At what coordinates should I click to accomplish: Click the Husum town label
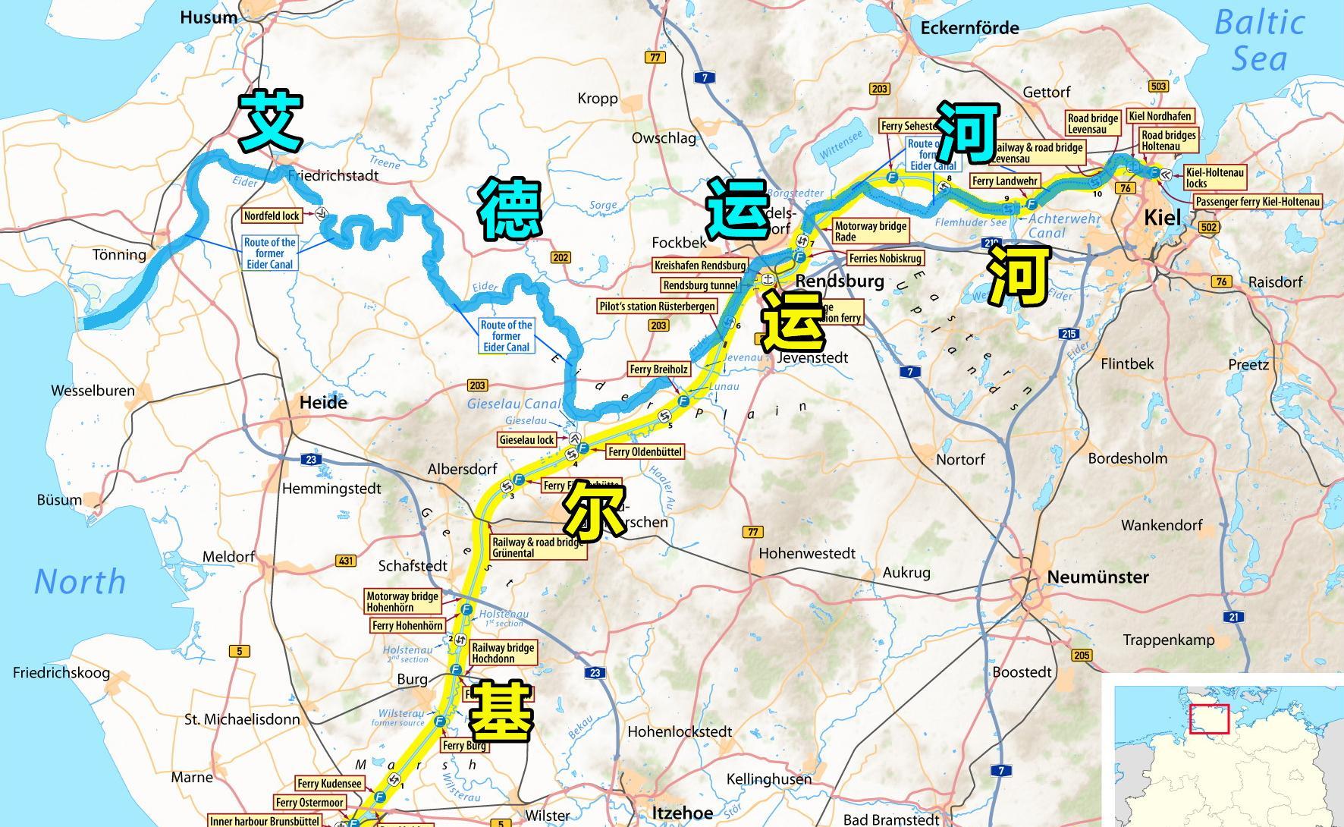[209, 17]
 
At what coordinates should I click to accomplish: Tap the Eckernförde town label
[969, 28]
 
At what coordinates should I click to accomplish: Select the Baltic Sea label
[1259, 40]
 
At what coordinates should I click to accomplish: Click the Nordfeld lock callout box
[272, 215]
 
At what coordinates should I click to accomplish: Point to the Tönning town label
[119, 254]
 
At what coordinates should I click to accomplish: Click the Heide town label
[323, 402]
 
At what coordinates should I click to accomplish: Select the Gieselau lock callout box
[527, 440]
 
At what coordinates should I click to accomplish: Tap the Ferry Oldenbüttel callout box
[645, 451]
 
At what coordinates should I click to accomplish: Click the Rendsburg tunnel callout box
[699, 285]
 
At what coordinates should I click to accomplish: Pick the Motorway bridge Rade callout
[870, 231]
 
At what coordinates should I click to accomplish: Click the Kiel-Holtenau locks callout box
[1214, 178]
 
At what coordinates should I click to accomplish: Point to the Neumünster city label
[1097, 577]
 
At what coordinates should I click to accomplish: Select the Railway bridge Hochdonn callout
[503, 652]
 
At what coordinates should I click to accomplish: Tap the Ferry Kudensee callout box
[329, 784]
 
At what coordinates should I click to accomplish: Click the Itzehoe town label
[682, 813]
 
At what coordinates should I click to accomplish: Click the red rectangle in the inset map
[1209, 719]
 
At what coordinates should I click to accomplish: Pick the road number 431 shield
[346, 561]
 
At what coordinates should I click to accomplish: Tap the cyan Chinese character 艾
[271, 120]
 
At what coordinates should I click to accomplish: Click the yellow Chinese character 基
[501, 711]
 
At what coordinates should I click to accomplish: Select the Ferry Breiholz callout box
[659, 369]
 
